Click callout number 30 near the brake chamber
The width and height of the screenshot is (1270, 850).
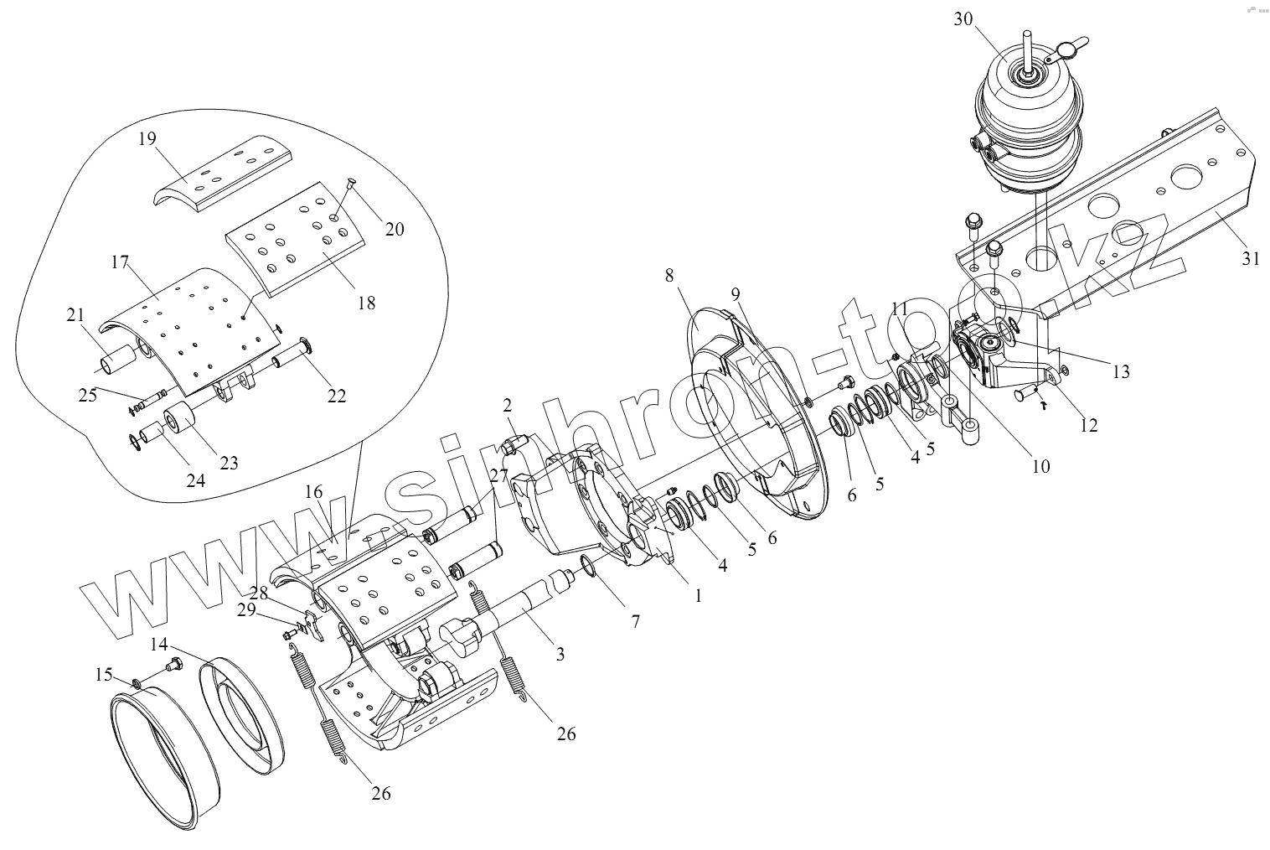(963, 19)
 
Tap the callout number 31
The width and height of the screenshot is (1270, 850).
(1250, 259)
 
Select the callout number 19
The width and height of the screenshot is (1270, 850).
(147, 138)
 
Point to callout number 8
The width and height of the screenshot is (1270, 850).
(669, 275)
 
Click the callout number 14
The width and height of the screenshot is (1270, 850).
(159, 645)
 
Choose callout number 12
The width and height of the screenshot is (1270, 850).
(1088, 425)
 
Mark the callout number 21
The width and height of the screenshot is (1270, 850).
(76, 315)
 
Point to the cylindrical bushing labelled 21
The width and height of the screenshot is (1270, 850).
(118, 365)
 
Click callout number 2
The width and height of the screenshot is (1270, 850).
(508, 406)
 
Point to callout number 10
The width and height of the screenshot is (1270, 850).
(1040, 466)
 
